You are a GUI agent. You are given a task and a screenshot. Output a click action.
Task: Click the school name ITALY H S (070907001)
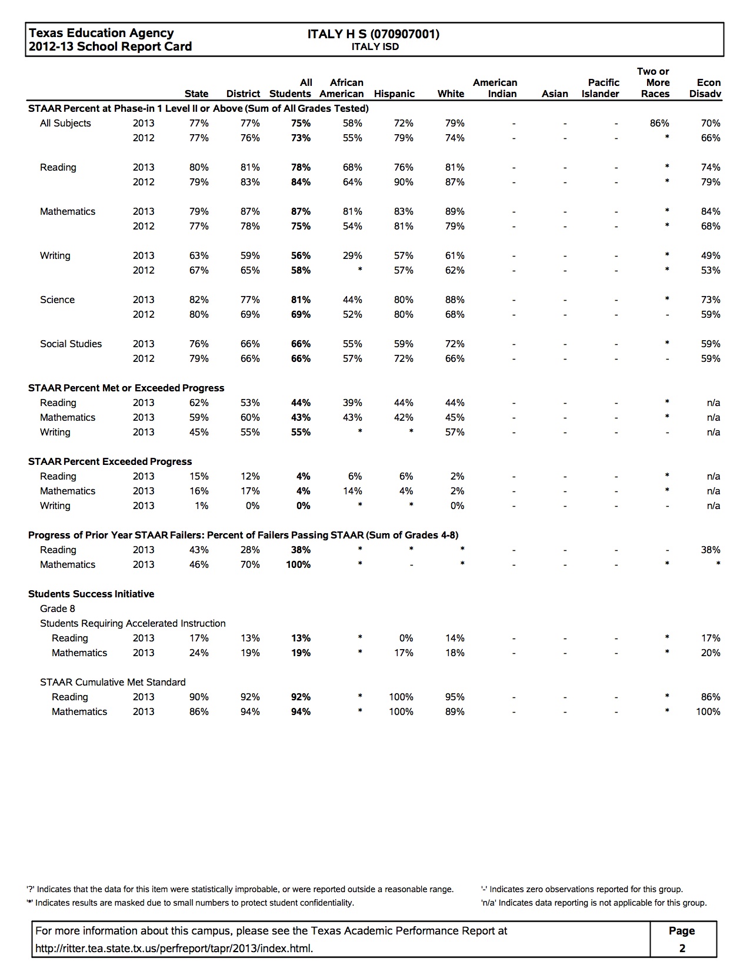pyautogui.click(x=374, y=34)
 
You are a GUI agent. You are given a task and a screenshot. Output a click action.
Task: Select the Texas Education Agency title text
pyautogui.click(x=101, y=33)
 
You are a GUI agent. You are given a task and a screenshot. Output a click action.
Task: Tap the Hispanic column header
pyautogui.click(x=394, y=94)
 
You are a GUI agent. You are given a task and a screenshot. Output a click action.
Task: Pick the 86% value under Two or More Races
pyautogui.click(x=659, y=123)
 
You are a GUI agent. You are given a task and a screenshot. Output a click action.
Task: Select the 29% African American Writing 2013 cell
pyautogui.click(x=352, y=255)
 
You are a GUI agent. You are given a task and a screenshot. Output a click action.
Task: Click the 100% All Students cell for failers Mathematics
pyautogui.click(x=298, y=564)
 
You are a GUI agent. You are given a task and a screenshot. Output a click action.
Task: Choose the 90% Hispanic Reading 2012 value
pyautogui.click(x=404, y=182)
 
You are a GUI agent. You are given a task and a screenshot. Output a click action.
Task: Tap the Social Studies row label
pyautogui.click(x=71, y=344)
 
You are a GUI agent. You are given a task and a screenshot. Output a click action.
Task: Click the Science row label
pyautogui.click(x=57, y=300)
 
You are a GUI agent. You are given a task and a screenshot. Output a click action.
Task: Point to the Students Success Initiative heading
pyautogui.click(x=91, y=594)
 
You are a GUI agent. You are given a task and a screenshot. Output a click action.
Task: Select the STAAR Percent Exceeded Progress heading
pyautogui.click(x=110, y=461)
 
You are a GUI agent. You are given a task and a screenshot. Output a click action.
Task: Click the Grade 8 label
pyautogui.click(x=58, y=608)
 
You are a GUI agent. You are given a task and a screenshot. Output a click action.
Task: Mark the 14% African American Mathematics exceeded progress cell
pyautogui.click(x=352, y=491)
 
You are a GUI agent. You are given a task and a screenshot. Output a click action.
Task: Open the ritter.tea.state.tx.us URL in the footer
pyautogui.click(x=174, y=948)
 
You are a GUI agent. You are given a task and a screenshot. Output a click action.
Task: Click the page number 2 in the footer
pyautogui.click(x=682, y=948)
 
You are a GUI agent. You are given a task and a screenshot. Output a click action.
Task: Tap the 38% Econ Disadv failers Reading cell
pyautogui.click(x=710, y=550)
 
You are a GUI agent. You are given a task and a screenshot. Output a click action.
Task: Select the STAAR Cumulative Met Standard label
pyautogui.click(x=112, y=682)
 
